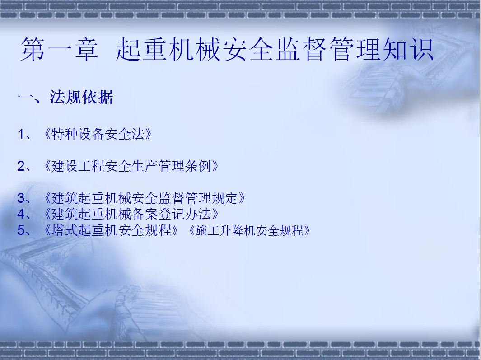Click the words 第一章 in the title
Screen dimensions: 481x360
tap(59, 49)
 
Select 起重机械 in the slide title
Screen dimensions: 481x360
tap(168, 49)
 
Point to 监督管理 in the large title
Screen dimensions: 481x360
tap(327, 49)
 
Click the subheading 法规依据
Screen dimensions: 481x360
tap(81, 97)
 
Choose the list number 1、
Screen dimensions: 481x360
tap(24, 134)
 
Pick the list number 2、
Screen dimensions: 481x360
tap(24, 166)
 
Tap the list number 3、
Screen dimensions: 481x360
tap(24, 198)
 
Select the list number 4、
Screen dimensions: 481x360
tap(24, 214)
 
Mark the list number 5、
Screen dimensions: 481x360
tap(24, 230)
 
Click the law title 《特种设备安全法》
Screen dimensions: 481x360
tap(98, 134)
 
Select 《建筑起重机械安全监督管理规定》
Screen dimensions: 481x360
tap(145, 198)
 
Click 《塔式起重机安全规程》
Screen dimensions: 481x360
tap(111, 230)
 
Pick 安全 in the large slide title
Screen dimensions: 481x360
tap(248, 49)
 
